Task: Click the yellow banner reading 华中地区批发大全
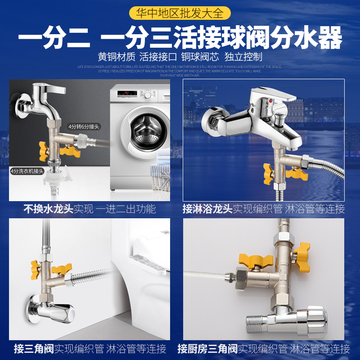coord(180,13)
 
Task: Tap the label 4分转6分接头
coord(83,126)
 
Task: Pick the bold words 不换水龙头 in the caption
coord(49,209)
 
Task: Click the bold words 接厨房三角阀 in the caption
coord(207,348)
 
